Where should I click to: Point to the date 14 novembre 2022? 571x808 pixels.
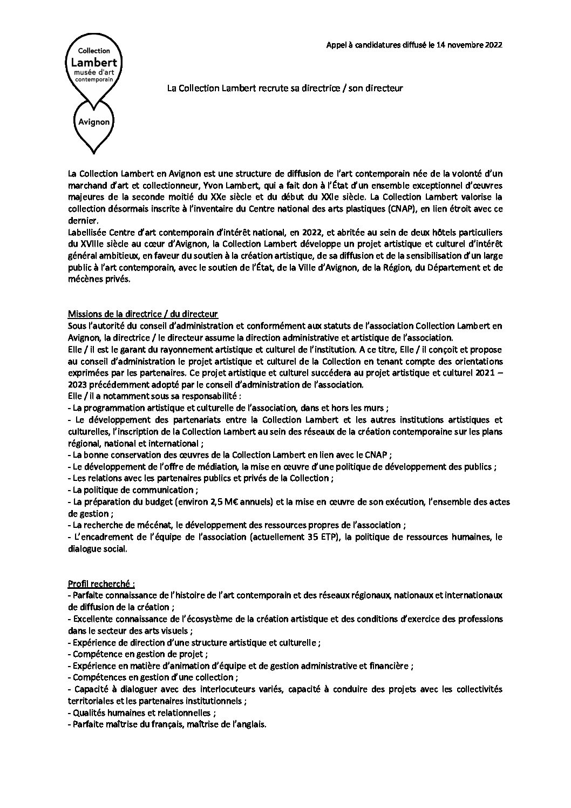pyautogui.click(x=465, y=45)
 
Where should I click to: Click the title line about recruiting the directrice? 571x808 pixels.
pyautogui.click(x=284, y=88)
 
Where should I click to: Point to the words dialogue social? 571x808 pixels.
pyautogui.click(x=98, y=549)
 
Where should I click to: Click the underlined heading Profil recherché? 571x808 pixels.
pyautogui.click(x=101, y=583)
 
